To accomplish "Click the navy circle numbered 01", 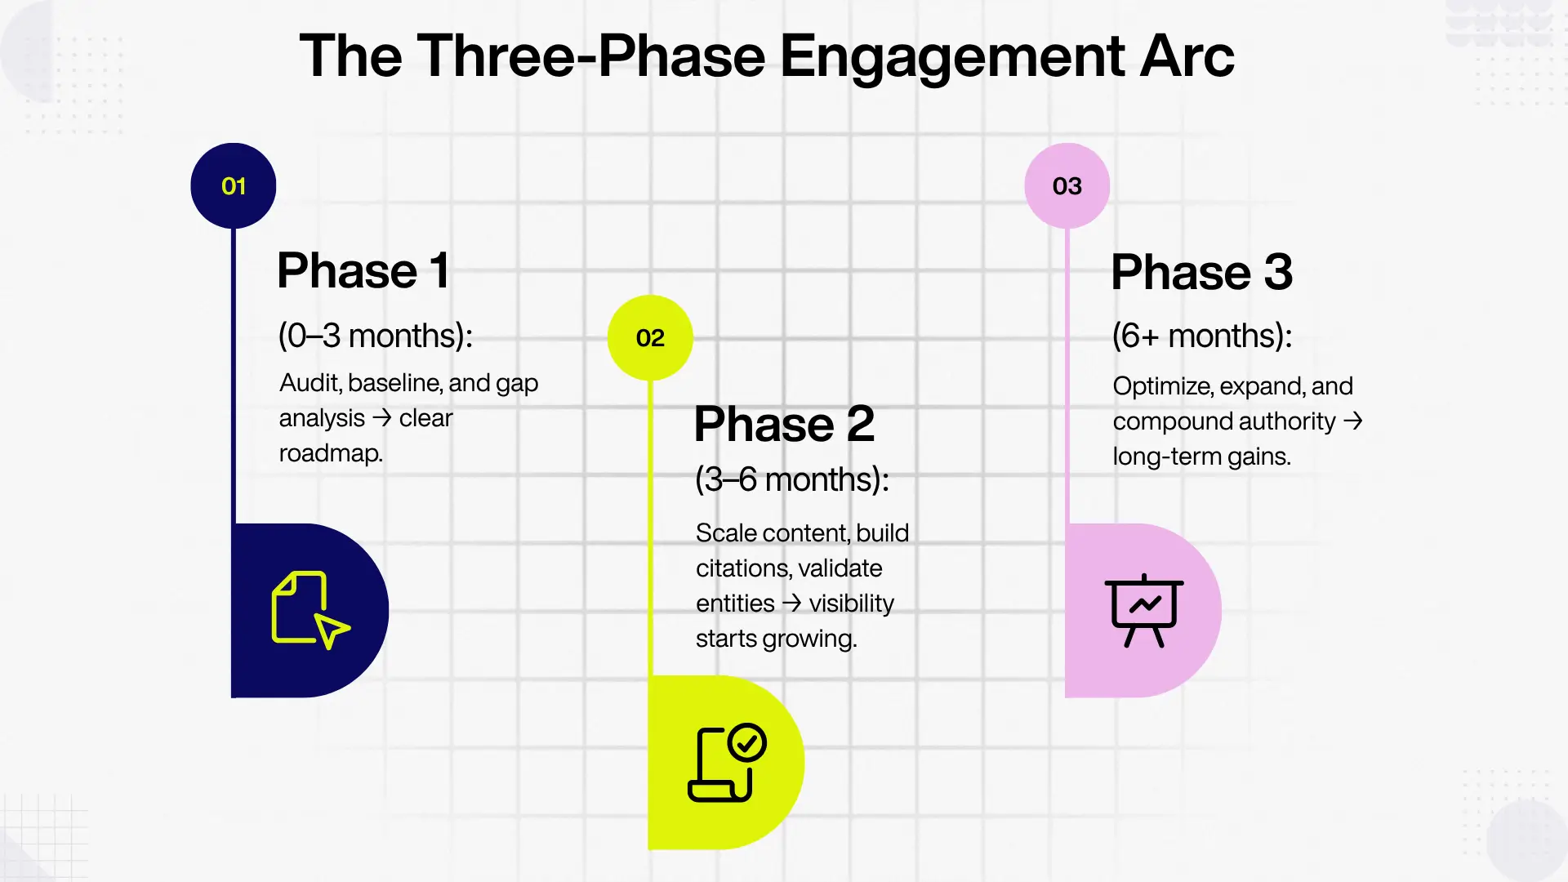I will click(x=234, y=186).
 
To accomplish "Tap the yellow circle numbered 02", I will click(x=650, y=337).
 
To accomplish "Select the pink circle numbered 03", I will click(x=1067, y=186).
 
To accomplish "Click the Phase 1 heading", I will click(x=363, y=270).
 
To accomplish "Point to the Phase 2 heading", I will click(x=784, y=424).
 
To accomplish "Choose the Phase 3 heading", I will click(x=1201, y=272).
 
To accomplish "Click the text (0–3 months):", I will click(x=376, y=336).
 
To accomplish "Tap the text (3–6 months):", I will click(x=791, y=479).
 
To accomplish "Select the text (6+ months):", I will click(x=1202, y=336).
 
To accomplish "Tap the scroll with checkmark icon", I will click(x=727, y=762).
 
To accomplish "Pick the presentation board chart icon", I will click(x=1143, y=610).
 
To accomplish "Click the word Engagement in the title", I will click(x=952, y=56).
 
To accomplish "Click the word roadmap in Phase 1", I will click(x=330, y=453).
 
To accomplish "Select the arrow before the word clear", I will click(x=381, y=418).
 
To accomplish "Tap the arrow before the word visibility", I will click(x=791, y=604).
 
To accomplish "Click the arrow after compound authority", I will click(x=1353, y=421).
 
